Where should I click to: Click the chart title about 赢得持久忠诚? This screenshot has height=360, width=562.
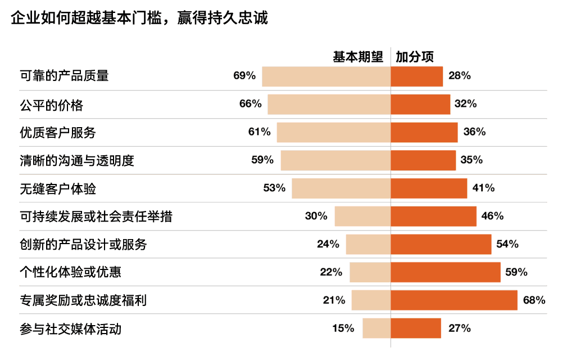[139, 18]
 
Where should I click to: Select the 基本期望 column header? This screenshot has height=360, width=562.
[358, 57]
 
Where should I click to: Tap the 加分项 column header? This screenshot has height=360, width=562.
[415, 57]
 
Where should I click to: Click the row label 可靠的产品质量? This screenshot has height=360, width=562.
[64, 76]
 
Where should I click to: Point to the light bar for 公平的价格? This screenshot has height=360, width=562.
[329, 105]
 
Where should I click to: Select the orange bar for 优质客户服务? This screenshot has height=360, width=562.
[424, 133]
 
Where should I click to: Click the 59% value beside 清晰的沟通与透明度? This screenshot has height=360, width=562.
[262, 160]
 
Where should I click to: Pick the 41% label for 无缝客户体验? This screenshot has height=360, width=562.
[483, 188]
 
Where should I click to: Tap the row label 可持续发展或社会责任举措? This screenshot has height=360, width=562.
[96, 217]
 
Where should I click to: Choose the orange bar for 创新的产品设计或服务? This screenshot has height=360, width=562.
[441, 244]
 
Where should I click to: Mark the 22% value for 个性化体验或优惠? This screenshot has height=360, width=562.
[331, 272]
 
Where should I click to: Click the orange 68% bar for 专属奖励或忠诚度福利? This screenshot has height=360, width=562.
[454, 300]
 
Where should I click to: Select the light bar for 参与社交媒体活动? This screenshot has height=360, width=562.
[377, 328]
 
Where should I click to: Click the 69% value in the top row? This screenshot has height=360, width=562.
[244, 76]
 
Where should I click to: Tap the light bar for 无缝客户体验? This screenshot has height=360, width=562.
[341, 188]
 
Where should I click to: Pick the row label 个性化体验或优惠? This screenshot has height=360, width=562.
[70, 272]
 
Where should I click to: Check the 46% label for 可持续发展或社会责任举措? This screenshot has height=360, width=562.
[492, 217]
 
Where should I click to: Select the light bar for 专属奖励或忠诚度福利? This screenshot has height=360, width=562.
[371, 300]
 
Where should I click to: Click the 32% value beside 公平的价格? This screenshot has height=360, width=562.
[465, 105]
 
